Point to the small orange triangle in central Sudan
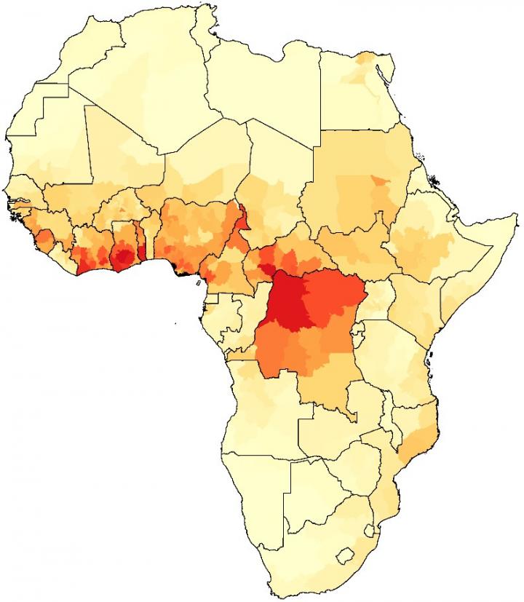(376, 181)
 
